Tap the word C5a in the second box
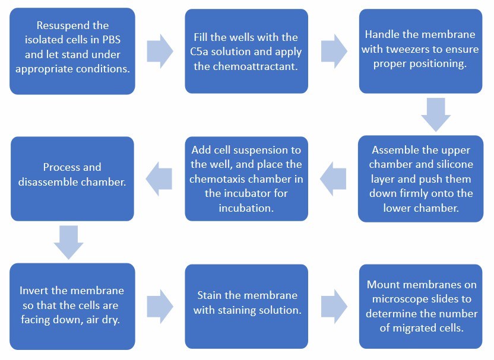pos(205,52)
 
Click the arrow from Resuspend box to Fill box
pos(160,51)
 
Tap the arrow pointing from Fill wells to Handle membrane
pos(334,51)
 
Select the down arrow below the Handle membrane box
pos(435,114)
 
